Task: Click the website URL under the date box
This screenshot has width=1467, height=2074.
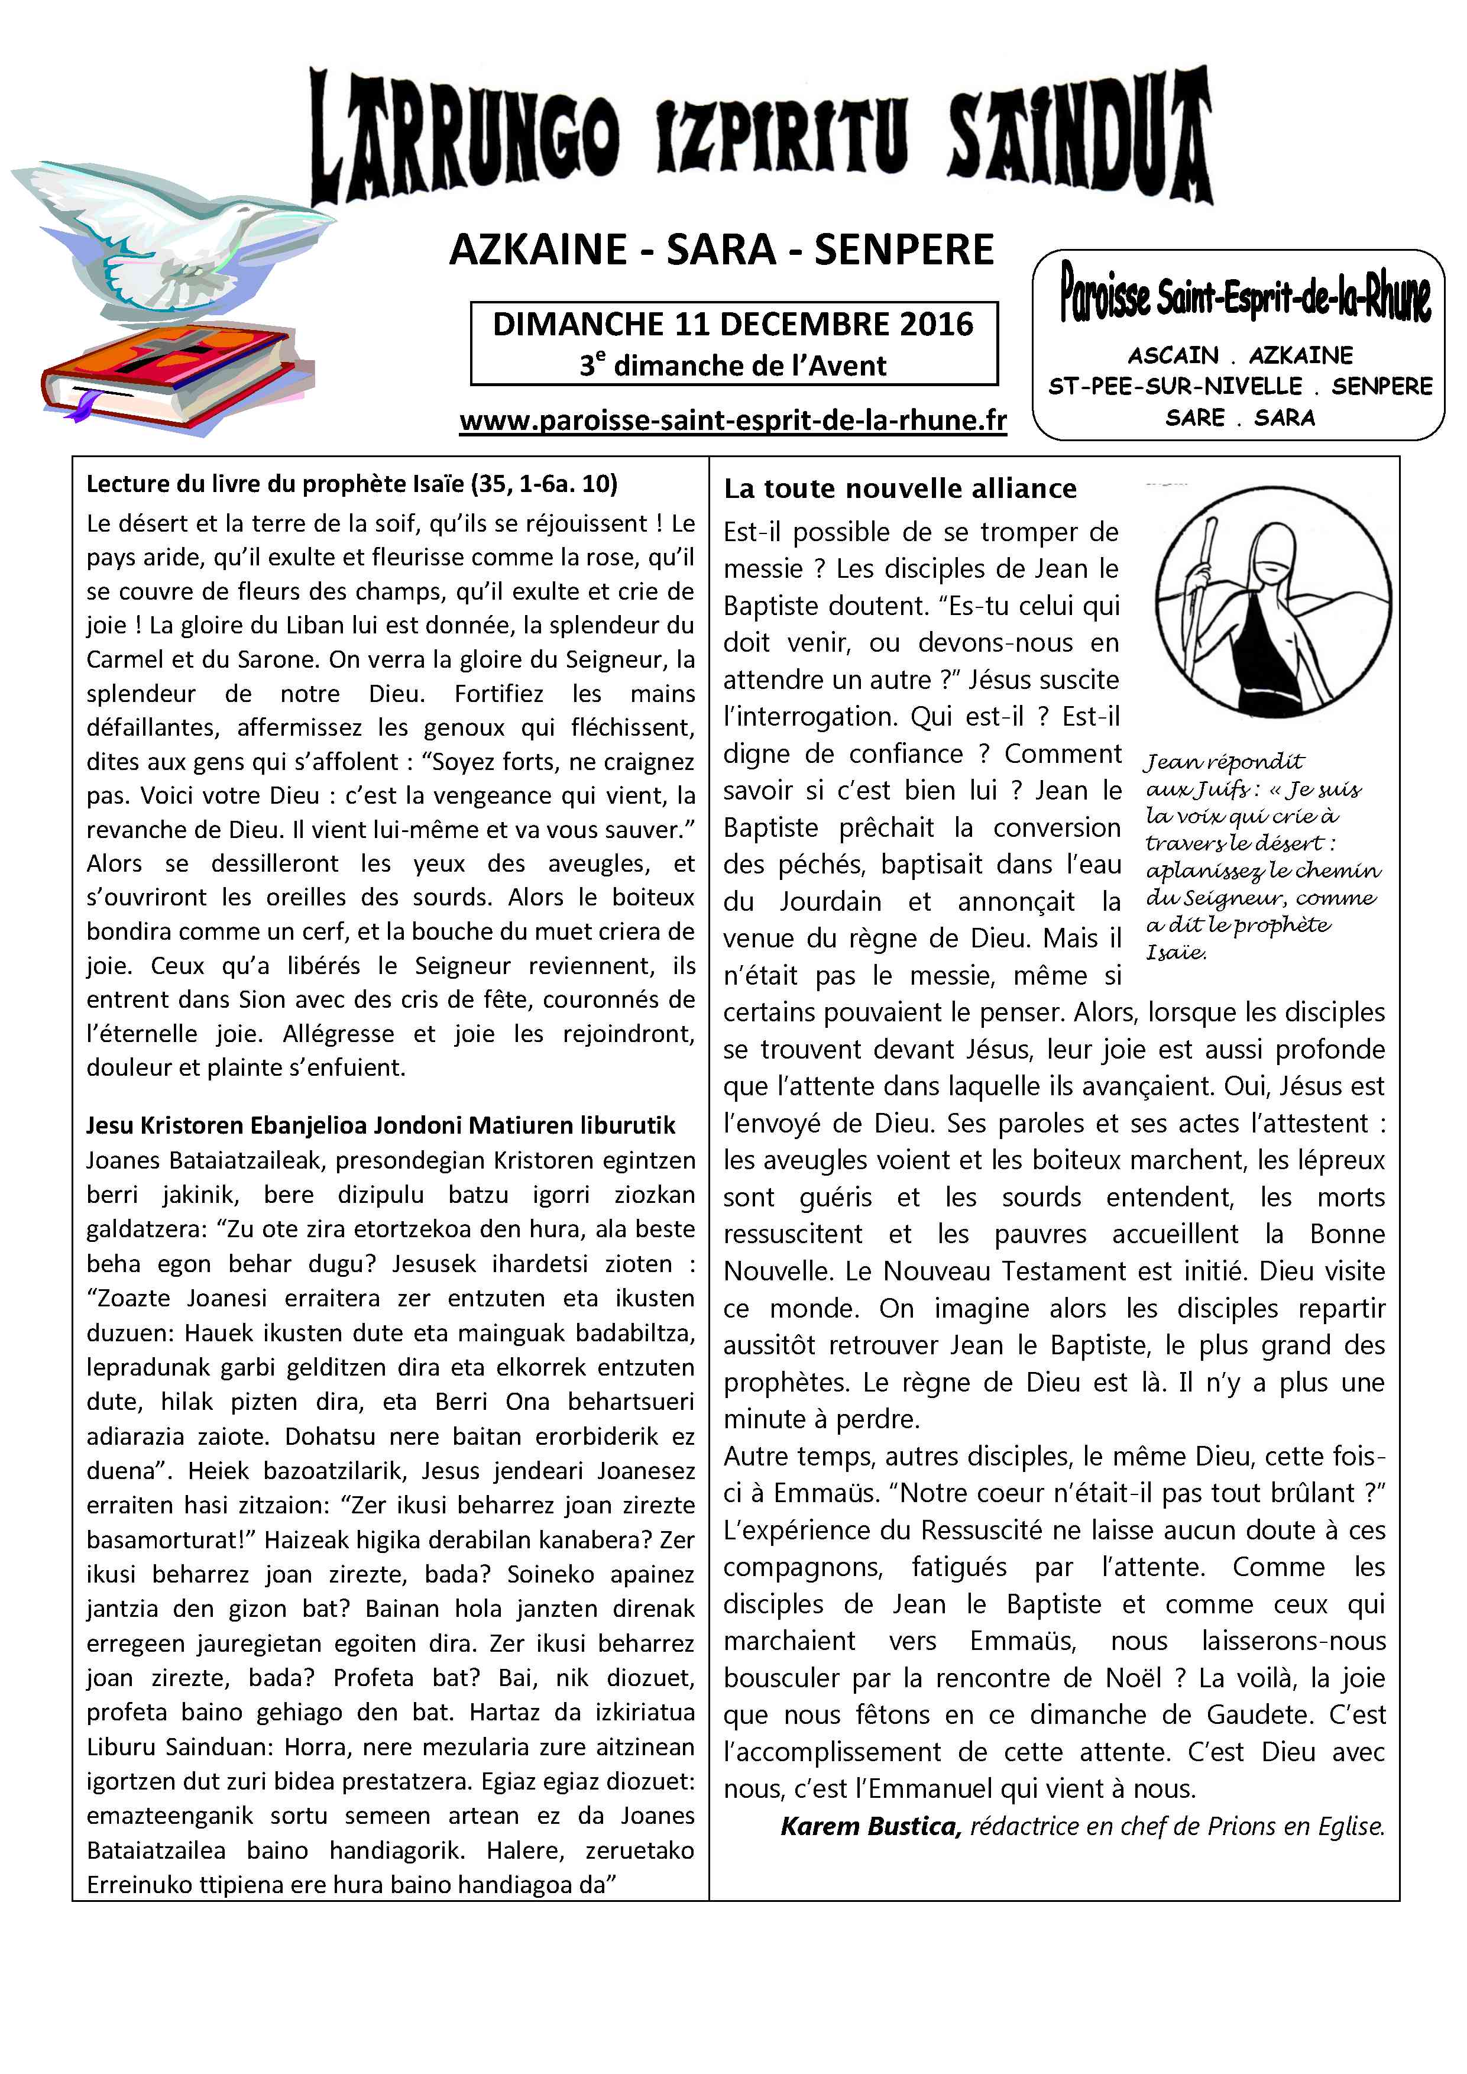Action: click(x=733, y=421)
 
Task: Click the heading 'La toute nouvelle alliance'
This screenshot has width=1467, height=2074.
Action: click(x=900, y=488)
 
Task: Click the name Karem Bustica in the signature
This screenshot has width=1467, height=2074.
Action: click(x=868, y=1826)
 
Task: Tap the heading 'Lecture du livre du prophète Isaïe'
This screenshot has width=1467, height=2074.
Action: click(x=351, y=484)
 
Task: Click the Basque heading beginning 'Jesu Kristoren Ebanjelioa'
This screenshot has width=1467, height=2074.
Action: click(x=380, y=1125)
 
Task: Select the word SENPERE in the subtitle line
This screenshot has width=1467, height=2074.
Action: click(x=903, y=250)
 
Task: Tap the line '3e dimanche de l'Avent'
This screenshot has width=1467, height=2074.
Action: click(x=733, y=366)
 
